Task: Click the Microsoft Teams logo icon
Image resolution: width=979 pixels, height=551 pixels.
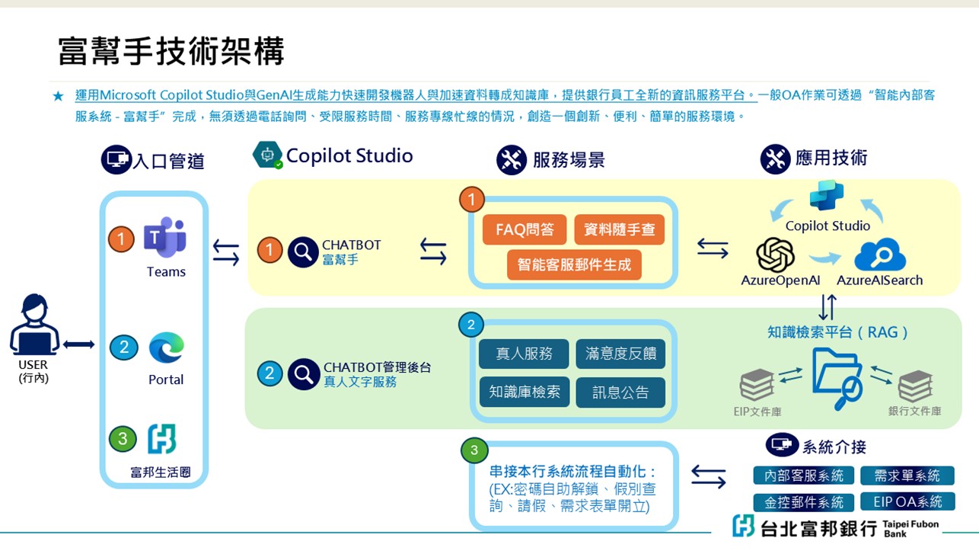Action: (x=165, y=238)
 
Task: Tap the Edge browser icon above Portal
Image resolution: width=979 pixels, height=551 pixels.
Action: (x=166, y=348)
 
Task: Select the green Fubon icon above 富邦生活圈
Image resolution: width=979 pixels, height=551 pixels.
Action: (x=161, y=439)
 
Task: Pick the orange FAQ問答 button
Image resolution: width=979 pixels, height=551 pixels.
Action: (x=524, y=229)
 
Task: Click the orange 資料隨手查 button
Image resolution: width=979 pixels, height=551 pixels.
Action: (x=619, y=229)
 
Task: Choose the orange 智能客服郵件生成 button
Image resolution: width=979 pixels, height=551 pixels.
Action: (x=574, y=264)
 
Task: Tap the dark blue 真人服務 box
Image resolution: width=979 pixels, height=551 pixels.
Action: (x=523, y=354)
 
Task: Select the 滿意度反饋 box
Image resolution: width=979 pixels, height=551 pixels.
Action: (x=620, y=354)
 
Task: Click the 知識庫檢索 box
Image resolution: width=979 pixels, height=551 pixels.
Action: (x=524, y=392)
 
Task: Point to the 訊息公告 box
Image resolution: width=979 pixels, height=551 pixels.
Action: (x=620, y=392)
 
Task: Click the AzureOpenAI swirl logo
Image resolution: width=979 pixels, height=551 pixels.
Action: (x=776, y=255)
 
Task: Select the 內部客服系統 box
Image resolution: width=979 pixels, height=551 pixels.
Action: (x=803, y=476)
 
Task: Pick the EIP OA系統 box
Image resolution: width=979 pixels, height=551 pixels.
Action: (x=907, y=501)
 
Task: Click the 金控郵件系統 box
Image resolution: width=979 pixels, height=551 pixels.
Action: (x=803, y=502)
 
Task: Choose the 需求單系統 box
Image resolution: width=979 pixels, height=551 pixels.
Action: (x=907, y=476)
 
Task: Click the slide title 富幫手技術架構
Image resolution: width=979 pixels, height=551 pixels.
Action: (x=171, y=51)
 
